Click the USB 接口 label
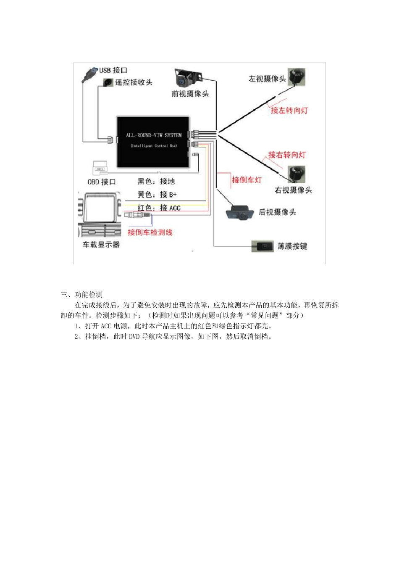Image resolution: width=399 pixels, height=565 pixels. point(113,70)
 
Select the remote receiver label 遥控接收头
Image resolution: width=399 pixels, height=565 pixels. point(134,82)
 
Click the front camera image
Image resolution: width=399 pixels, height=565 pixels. point(187,78)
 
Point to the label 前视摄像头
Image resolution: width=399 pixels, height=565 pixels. point(190,94)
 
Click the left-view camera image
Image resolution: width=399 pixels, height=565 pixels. point(296,77)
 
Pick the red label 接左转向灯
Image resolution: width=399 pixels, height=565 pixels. point(289,110)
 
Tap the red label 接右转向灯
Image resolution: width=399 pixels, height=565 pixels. point(287,155)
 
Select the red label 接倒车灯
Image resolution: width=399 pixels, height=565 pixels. point(247,180)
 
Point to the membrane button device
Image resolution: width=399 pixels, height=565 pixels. point(262,246)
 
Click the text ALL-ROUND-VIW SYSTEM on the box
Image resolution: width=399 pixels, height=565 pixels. point(154,135)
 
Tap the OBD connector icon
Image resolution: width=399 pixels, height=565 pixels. point(100,168)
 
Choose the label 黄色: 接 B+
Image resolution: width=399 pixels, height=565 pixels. point(157,195)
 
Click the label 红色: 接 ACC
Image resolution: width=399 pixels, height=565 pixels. point(159,208)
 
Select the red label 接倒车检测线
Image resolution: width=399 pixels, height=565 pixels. point(150,232)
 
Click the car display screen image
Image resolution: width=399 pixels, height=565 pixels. point(100,214)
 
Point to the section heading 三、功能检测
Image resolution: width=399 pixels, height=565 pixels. point(81,295)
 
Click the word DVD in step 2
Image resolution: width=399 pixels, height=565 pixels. point(134,337)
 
